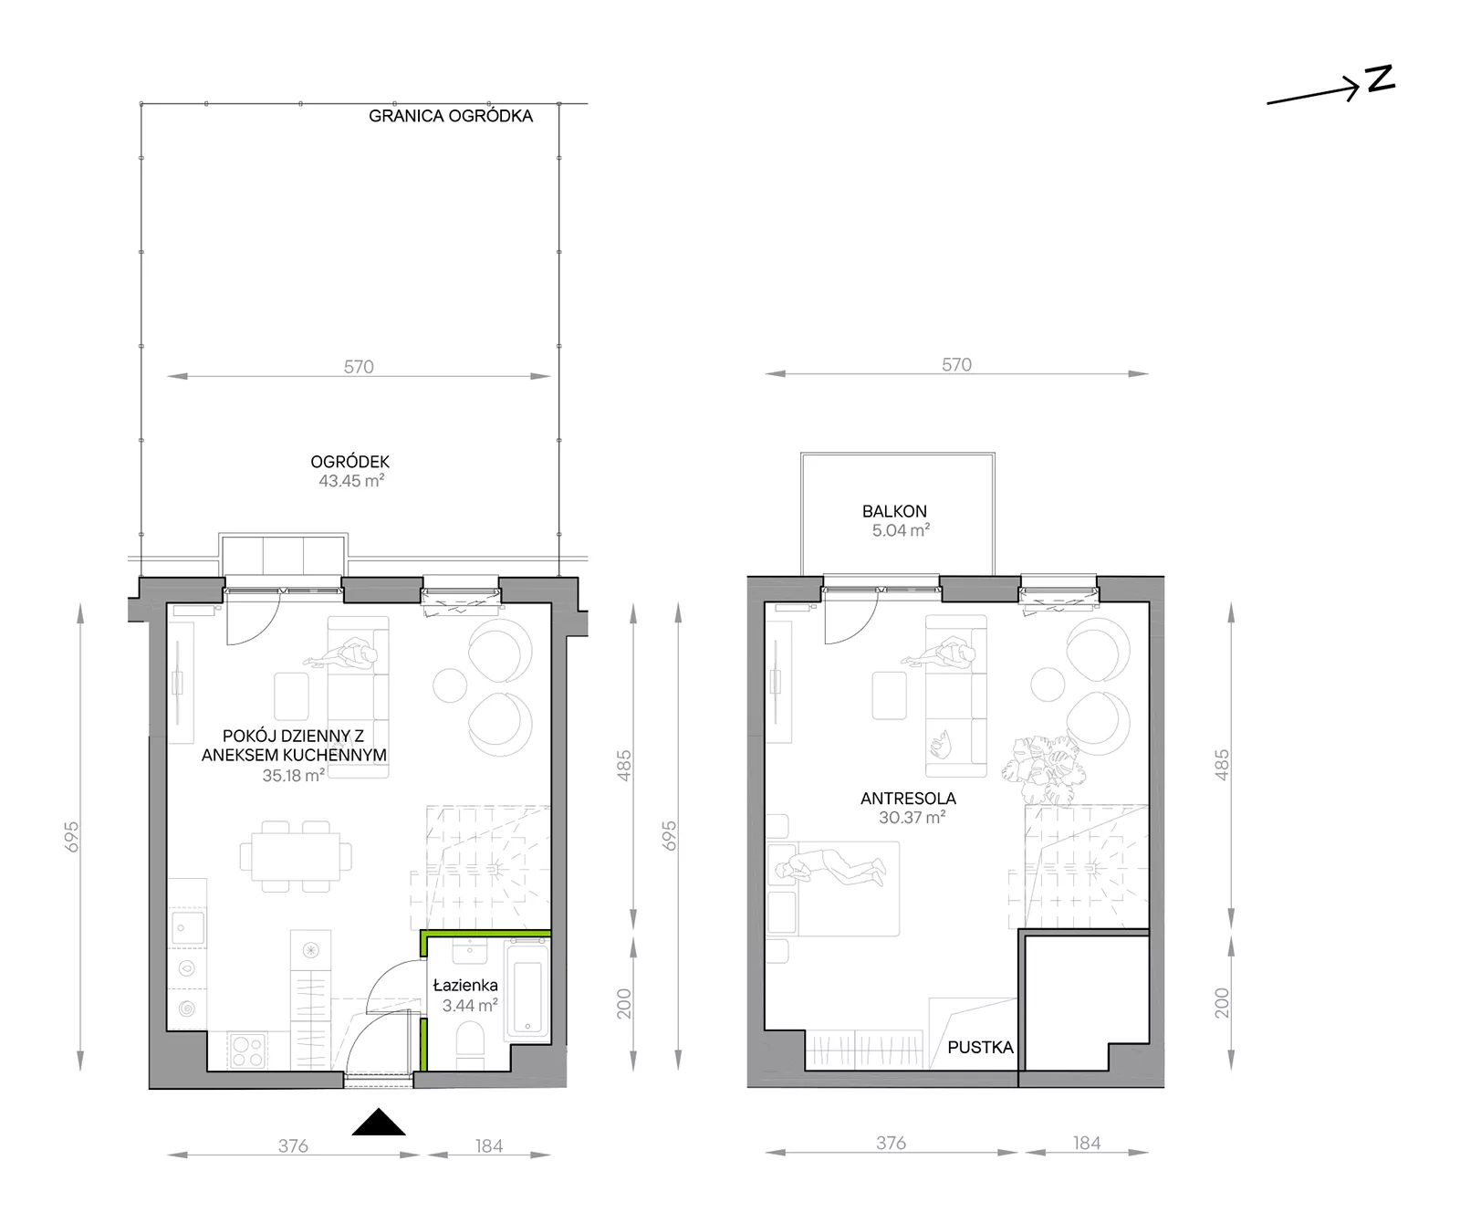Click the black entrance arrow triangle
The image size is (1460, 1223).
pos(379,1123)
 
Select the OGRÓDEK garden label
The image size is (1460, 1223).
pos(350,463)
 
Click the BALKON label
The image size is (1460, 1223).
pos(894,512)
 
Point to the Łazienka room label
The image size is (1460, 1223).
pos(465,986)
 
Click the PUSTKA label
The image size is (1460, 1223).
pos(980,1048)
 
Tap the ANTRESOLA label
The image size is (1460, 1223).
pos(908,799)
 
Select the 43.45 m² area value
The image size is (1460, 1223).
pos(351,481)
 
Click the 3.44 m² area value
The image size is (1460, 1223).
pos(470,1006)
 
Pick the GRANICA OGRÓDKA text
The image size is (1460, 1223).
pos(451,116)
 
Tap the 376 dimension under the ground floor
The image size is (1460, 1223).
pos(293,1146)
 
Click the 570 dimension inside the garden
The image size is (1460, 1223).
pos(359,367)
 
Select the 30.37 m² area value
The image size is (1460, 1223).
pos(912,819)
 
